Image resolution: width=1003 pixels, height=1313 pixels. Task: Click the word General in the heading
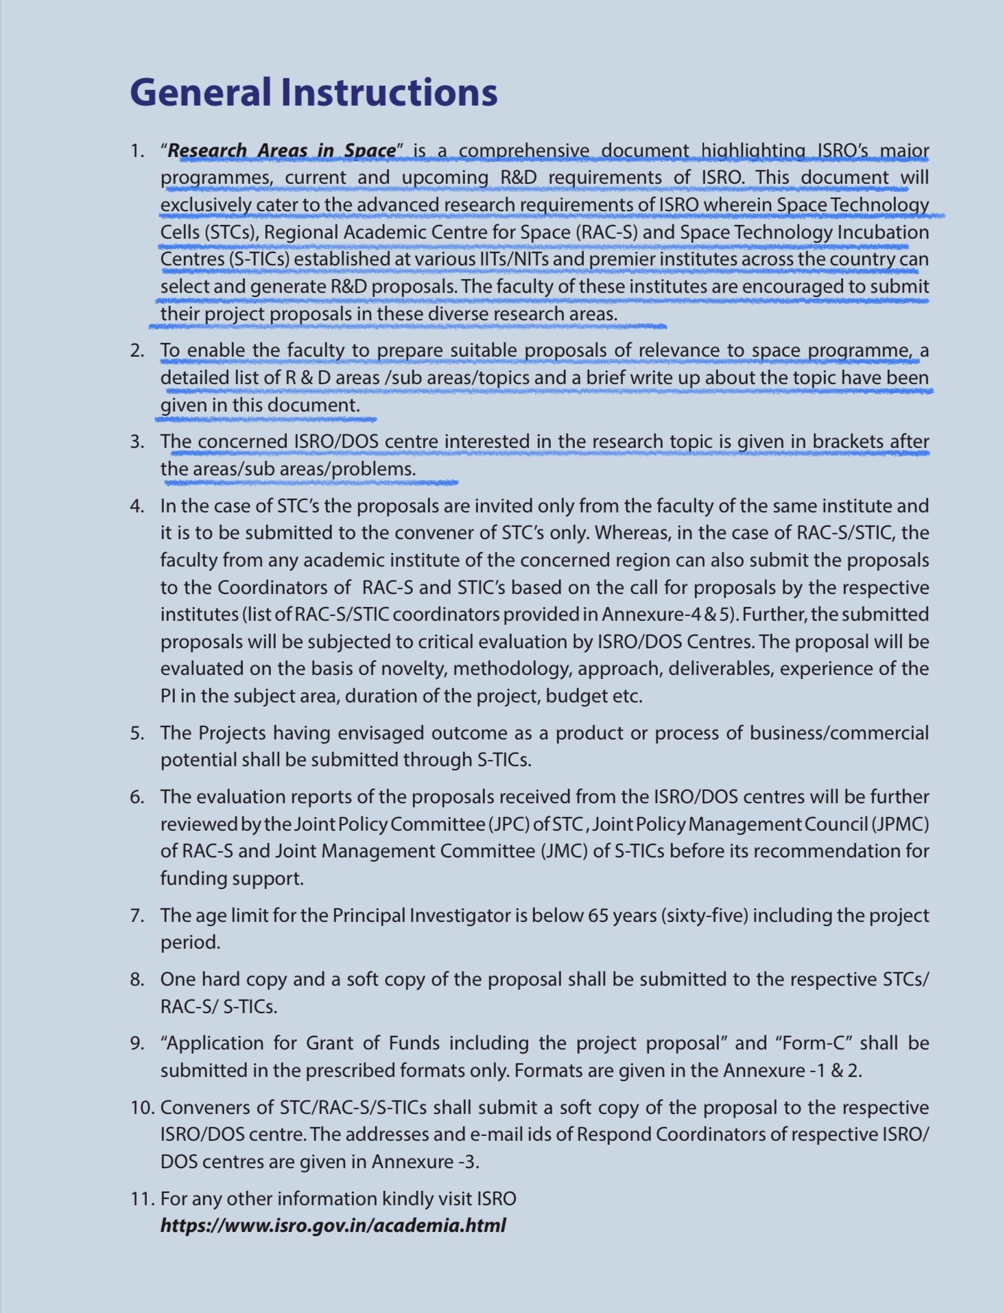coord(200,93)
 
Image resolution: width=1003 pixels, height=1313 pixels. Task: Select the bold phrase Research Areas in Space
coord(282,150)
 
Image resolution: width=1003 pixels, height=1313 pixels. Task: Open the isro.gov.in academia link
coord(333,1226)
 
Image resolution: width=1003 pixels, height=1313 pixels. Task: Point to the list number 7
coord(137,915)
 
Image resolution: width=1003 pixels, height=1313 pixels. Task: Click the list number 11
coord(141,1198)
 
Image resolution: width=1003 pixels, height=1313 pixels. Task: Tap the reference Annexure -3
coord(425,1162)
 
